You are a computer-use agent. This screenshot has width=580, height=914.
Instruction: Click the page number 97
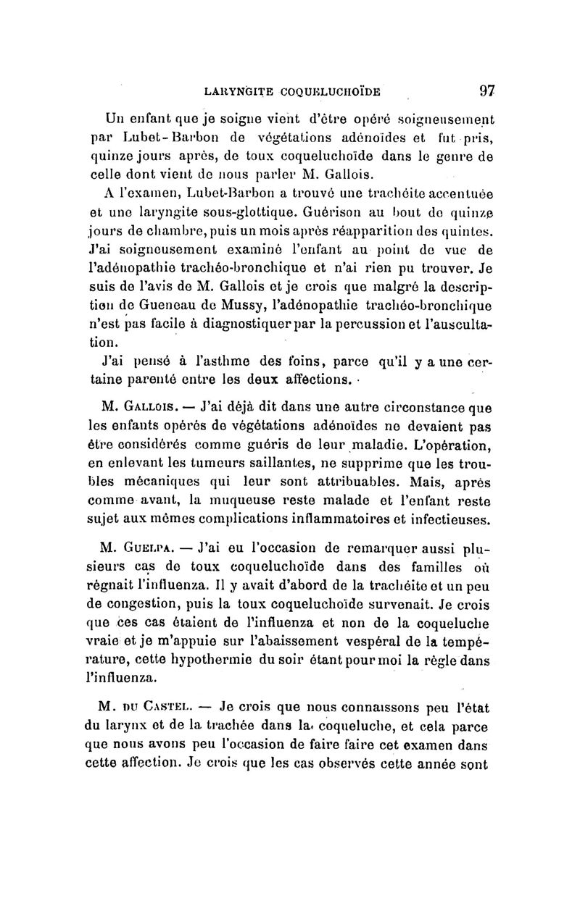[x=486, y=90]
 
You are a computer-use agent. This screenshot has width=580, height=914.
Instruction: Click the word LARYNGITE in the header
[x=237, y=91]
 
